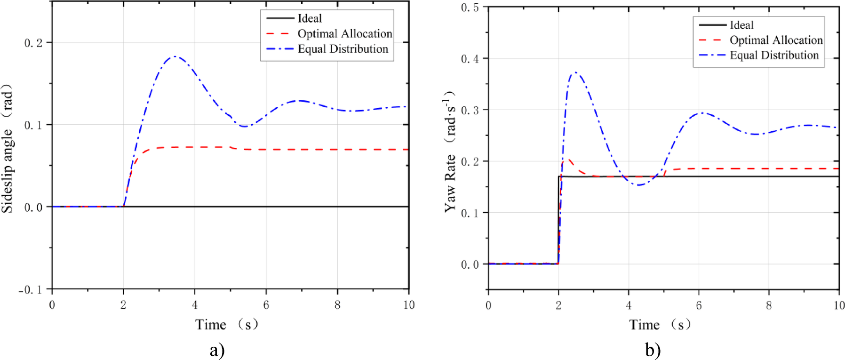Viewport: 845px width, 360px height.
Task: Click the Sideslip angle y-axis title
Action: coord(8,148)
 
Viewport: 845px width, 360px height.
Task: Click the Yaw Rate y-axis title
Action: coord(450,152)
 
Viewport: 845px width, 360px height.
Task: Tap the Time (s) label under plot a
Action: coord(227,324)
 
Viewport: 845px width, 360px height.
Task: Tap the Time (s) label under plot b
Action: coord(660,324)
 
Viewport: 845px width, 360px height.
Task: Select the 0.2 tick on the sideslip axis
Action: coord(33,43)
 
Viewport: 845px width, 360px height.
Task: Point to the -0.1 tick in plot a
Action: coord(31,290)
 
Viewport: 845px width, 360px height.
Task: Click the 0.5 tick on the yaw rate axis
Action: coord(470,8)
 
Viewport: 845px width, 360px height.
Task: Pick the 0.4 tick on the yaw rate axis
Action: coord(470,59)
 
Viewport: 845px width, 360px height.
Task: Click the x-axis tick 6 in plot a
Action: coord(266,305)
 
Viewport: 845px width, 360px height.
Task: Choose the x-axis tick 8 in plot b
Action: coord(769,305)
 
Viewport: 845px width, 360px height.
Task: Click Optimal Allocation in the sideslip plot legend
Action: coord(344,34)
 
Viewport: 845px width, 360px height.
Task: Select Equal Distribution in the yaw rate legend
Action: coord(774,56)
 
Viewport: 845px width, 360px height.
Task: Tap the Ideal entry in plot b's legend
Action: coord(741,25)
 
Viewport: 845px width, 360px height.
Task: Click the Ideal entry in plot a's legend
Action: coord(310,18)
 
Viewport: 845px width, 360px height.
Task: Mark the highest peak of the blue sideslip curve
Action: coord(175,56)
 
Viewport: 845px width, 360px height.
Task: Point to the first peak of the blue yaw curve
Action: coord(575,72)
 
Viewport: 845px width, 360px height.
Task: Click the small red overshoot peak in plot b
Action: coord(568,160)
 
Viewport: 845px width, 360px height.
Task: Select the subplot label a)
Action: coord(217,350)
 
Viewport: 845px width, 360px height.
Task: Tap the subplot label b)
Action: coord(653,350)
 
